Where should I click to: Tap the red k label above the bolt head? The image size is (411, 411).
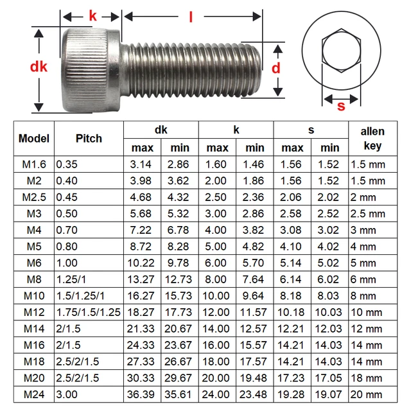[x=92, y=16]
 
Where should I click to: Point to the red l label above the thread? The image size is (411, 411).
[x=191, y=17]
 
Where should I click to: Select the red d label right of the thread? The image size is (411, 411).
[x=275, y=67]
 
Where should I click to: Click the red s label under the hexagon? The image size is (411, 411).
[x=340, y=106]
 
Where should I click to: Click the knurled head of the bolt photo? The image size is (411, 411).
[x=91, y=68]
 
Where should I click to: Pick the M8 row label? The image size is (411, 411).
[x=34, y=279]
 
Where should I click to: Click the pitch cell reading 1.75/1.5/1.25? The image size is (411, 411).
[x=89, y=312]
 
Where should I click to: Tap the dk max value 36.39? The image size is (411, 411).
[x=142, y=394]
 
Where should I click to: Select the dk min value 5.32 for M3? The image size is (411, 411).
[x=179, y=213]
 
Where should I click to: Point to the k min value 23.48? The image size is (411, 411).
[x=255, y=394]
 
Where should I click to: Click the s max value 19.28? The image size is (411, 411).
[x=292, y=394]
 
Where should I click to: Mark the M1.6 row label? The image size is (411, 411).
[x=34, y=164]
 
